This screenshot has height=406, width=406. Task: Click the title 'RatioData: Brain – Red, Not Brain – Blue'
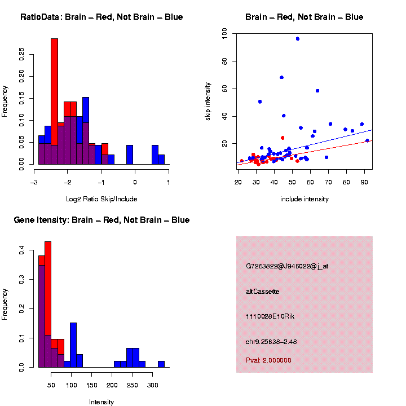click(x=101, y=17)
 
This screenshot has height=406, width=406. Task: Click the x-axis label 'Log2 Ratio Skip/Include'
click(x=101, y=198)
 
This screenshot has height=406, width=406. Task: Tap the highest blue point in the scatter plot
click(x=298, y=38)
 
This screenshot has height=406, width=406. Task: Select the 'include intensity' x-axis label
click(x=304, y=199)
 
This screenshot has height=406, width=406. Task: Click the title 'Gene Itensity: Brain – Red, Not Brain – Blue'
click(x=101, y=220)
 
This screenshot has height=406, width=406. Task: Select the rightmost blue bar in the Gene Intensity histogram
click(x=161, y=364)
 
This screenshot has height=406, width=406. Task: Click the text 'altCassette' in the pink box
click(x=263, y=292)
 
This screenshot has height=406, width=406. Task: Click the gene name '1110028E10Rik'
click(x=270, y=316)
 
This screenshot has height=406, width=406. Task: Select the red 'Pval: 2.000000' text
click(x=268, y=360)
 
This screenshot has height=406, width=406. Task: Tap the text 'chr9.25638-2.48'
click(x=271, y=341)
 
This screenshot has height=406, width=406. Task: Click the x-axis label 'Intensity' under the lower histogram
click(x=101, y=402)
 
